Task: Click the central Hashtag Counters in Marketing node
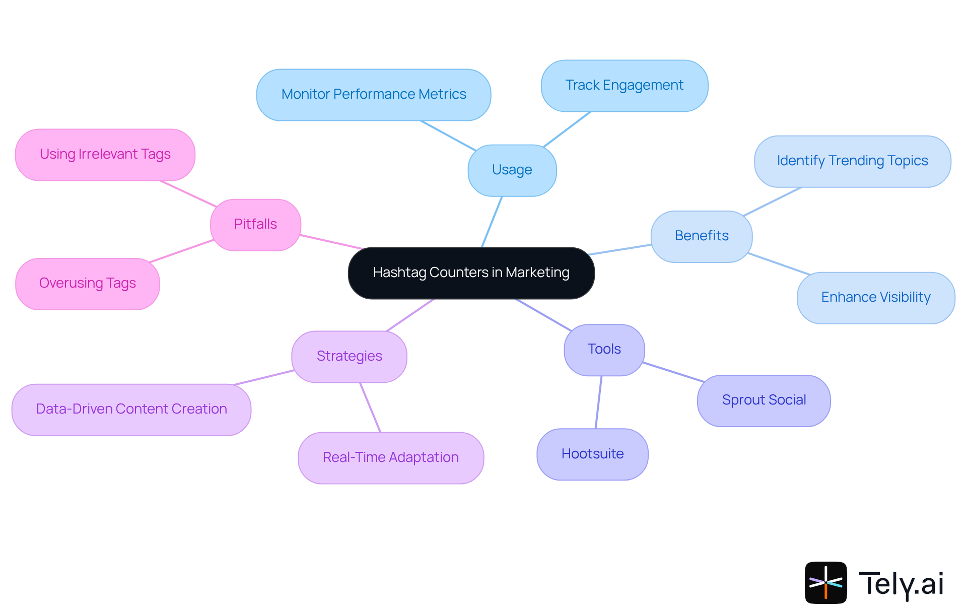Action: coord(471,273)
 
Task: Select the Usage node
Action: coord(512,170)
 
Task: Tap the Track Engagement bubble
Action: coord(624,86)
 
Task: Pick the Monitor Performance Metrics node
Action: coord(373,95)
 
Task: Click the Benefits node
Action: coord(701,236)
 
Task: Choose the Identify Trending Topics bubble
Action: coord(852,161)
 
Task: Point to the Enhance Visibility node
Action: coord(875,298)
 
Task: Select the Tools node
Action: coord(604,350)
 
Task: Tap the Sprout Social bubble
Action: coord(764,400)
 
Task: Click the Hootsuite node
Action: coord(592,454)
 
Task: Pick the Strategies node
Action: coord(349,357)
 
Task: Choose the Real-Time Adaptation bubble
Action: coord(390,458)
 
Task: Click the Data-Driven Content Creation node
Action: coord(131,410)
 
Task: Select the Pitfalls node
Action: coord(255,225)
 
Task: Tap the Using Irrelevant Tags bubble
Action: coord(105,155)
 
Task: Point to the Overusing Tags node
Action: coord(87,284)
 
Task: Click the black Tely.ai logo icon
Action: coord(825,582)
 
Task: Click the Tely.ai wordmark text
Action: coord(901,584)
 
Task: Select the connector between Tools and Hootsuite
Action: coord(598,402)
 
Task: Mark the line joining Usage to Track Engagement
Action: coord(567,129)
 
